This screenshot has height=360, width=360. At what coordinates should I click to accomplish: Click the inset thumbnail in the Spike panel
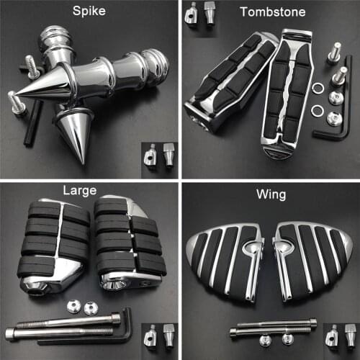coord(159,156)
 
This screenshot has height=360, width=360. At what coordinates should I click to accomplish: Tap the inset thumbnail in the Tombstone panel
coord(201,14)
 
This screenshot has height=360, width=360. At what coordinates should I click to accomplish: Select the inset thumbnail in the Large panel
coord(159,336)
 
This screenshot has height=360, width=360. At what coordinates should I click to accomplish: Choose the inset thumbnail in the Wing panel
coord(338,336)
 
